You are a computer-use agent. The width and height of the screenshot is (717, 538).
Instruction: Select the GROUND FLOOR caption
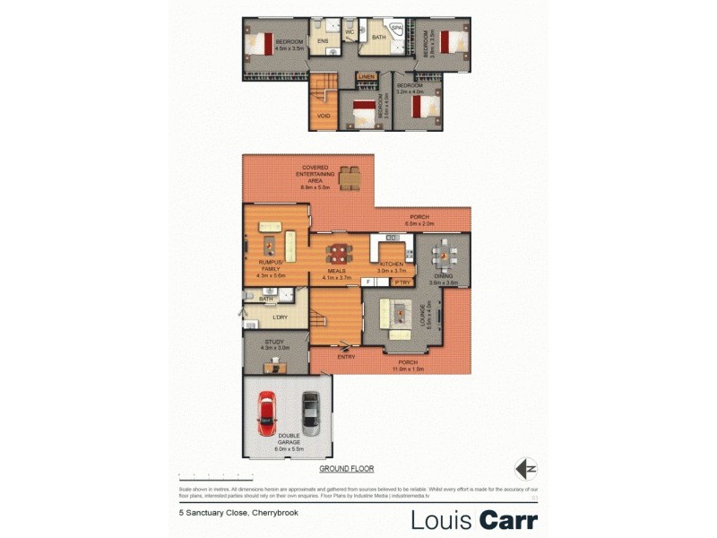(346, 469)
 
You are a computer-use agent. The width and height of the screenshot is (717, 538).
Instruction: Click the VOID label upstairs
(324, 116)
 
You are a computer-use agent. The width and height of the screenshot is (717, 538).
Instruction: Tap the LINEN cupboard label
(367, 77)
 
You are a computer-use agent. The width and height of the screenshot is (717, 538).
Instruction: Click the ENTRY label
(346, 357)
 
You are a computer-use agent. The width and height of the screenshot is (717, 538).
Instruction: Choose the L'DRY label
(280, 317)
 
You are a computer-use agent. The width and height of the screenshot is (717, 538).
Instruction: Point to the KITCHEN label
(392, 264)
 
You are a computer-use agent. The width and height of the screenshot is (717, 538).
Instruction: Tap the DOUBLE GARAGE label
(288, 440)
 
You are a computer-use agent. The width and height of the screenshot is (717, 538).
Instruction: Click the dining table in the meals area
(337, 254)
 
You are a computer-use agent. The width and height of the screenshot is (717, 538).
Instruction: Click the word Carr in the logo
(508, 520)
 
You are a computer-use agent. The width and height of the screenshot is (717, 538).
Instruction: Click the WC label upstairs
(350, 32)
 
